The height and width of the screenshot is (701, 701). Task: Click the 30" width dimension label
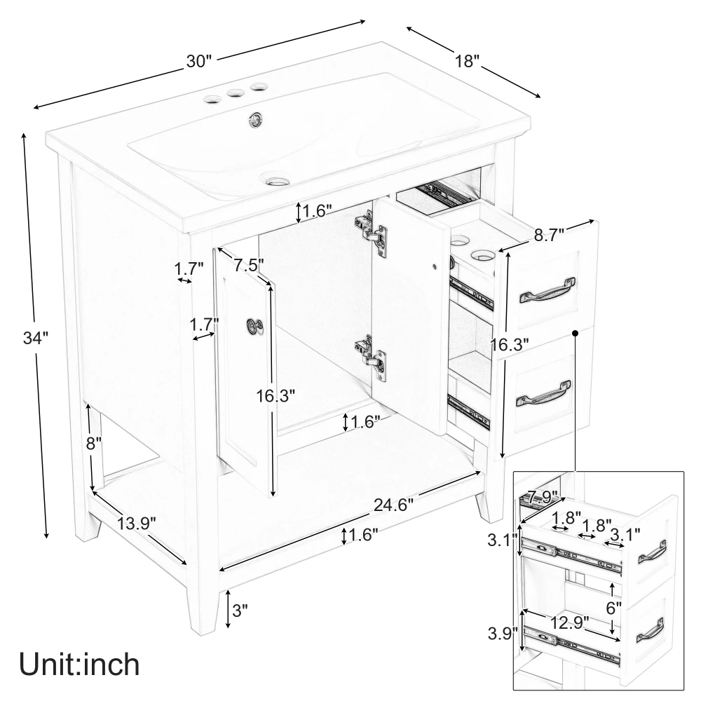[199, 61]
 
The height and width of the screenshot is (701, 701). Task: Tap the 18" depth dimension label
[467, 61]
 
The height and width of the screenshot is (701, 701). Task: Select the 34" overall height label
[36, 338]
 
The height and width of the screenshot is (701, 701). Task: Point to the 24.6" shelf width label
[393, 505]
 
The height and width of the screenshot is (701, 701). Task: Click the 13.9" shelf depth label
[137, 523]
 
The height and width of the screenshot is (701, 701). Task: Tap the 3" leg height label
[240, 610]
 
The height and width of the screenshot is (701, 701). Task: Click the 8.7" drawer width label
[549, 235]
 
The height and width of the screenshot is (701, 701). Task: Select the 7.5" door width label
[249, 265]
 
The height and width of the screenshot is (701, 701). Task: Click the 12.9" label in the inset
[569, 622]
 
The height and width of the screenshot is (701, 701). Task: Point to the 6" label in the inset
[614, 608]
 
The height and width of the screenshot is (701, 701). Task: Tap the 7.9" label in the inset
[543, 497]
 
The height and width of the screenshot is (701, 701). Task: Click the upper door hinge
[371, 233]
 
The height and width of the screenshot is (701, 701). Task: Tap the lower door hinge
[371, 358]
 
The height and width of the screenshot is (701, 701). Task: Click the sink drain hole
[278, 181]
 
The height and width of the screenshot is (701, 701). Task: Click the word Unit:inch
[80, 665]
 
